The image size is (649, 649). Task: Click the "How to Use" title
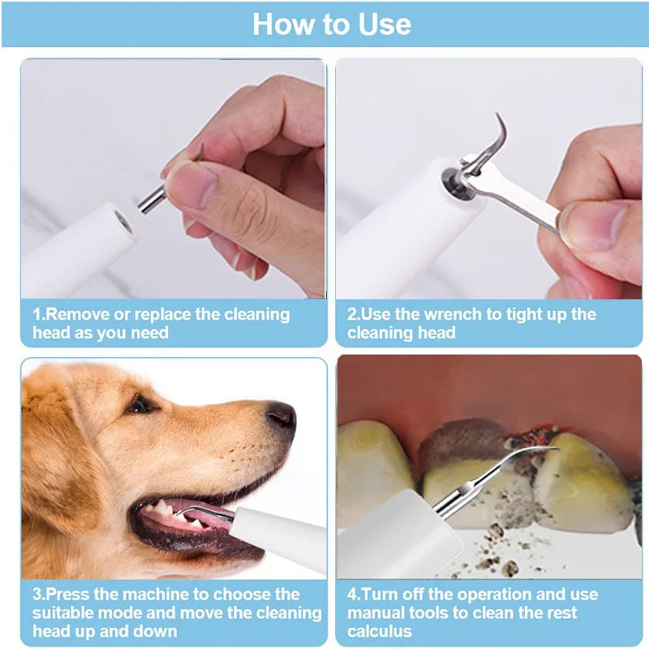(331, 24)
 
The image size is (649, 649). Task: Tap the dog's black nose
(281, 415)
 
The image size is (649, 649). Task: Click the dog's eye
(140, 404)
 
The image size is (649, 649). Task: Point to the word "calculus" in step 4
(381, 631)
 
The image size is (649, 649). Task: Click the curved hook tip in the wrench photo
(498, 130)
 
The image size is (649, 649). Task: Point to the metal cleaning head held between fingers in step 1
(154, 197)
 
